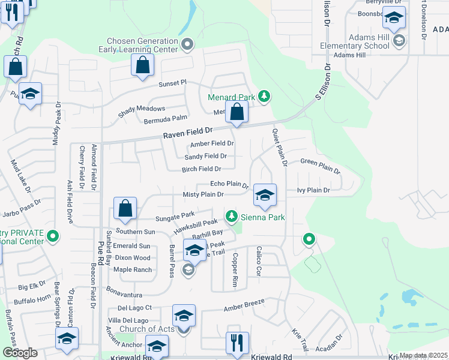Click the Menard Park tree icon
click(x=264, y=97)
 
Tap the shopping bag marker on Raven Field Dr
click(x=237, y=112)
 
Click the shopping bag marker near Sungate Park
click(x=125, y=209)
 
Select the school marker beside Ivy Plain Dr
click(x=265, y=195)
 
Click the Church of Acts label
click(x=146, y=329)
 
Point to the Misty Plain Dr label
click(x=203, y=194)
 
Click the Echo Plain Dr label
click(x=229, y=184)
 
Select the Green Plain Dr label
click(x=320, y=165)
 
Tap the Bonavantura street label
click(x=125, y=295)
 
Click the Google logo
click(x=20, y=353)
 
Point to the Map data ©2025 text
click(x=423, y=355)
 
